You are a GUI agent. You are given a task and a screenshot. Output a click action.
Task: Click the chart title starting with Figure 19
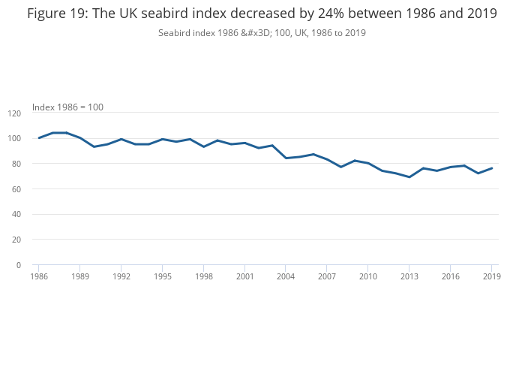coord(262,14)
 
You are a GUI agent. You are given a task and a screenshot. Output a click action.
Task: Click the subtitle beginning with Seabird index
coord(262,33)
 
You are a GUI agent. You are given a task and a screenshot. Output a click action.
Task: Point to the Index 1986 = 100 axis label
coord(67,107)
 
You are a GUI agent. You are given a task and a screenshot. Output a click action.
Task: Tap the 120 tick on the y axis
coord(14,113)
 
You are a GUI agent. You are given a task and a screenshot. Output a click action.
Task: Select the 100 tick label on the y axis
coord(14,138)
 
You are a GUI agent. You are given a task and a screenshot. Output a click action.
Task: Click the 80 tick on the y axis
coord(16,164)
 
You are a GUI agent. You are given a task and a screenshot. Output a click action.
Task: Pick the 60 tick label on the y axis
coord(16,189)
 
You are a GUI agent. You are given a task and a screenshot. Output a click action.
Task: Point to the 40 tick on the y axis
coord(16,214)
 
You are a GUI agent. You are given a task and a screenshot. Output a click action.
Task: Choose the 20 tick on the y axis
coord(16,240)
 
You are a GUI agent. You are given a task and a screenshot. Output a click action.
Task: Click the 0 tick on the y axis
coord(19,265)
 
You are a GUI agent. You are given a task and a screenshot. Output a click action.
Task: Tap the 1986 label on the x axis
coord(39,276)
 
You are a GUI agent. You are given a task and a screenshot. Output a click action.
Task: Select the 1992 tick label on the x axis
coord(121,276)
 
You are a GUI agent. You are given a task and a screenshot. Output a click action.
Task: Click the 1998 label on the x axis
coord(204,276)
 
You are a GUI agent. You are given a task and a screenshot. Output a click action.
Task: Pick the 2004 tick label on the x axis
coord(286,276)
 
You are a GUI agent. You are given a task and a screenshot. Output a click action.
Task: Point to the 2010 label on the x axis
coord(368,276)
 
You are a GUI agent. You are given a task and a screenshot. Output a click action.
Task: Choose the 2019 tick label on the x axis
coord(491,276)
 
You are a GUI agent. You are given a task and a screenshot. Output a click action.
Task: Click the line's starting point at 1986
coord(39,138)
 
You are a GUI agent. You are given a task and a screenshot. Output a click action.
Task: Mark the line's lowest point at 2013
coord(409,177)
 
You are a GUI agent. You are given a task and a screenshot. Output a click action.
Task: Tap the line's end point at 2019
coord(491,168)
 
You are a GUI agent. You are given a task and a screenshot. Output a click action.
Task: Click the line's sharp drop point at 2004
coord(286,158)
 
